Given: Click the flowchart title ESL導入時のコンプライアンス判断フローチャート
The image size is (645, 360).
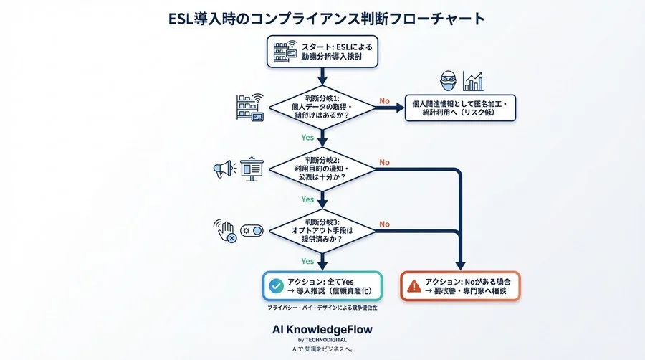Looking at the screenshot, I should click(x=322, y=19).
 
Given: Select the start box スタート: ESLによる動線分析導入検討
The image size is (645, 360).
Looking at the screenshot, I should click(x=322, y=52).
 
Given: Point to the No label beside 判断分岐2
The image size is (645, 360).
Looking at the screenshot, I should click(x=385, y=163).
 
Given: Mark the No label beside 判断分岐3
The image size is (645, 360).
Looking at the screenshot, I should click(x=385, y=224).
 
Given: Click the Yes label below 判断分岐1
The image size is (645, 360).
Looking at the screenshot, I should click(x=307, y=136).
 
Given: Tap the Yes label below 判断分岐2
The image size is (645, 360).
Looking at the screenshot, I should click(x=307, y=199).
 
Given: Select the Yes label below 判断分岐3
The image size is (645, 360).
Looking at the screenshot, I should click(x=307, y=260).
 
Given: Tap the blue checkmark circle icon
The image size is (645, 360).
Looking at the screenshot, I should click(x=275, y=285).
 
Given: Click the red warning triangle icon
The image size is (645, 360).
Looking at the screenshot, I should click(x=414, y=285).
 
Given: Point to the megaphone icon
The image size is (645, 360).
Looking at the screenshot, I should click(x=223, y=170).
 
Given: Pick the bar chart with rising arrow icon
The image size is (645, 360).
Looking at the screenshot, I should click(x=472, y=80).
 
